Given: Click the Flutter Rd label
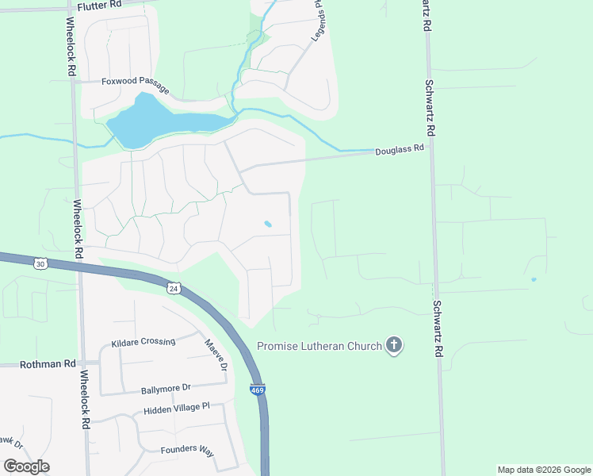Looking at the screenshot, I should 100,4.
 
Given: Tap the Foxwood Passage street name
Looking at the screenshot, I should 136,81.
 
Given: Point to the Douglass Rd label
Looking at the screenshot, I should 400,148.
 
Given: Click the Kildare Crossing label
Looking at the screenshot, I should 143,342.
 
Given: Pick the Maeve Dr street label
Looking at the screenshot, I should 216,355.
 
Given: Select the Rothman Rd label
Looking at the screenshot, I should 48,363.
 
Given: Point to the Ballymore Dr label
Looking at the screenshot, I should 166,389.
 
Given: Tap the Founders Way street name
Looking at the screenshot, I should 187,450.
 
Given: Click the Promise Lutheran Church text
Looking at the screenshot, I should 319,346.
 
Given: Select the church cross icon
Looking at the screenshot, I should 393,345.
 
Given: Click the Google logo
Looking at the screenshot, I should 26,466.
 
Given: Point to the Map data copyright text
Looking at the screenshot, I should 544,470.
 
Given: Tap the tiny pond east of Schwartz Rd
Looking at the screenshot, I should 534,279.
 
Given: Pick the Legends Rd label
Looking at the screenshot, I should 317,20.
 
